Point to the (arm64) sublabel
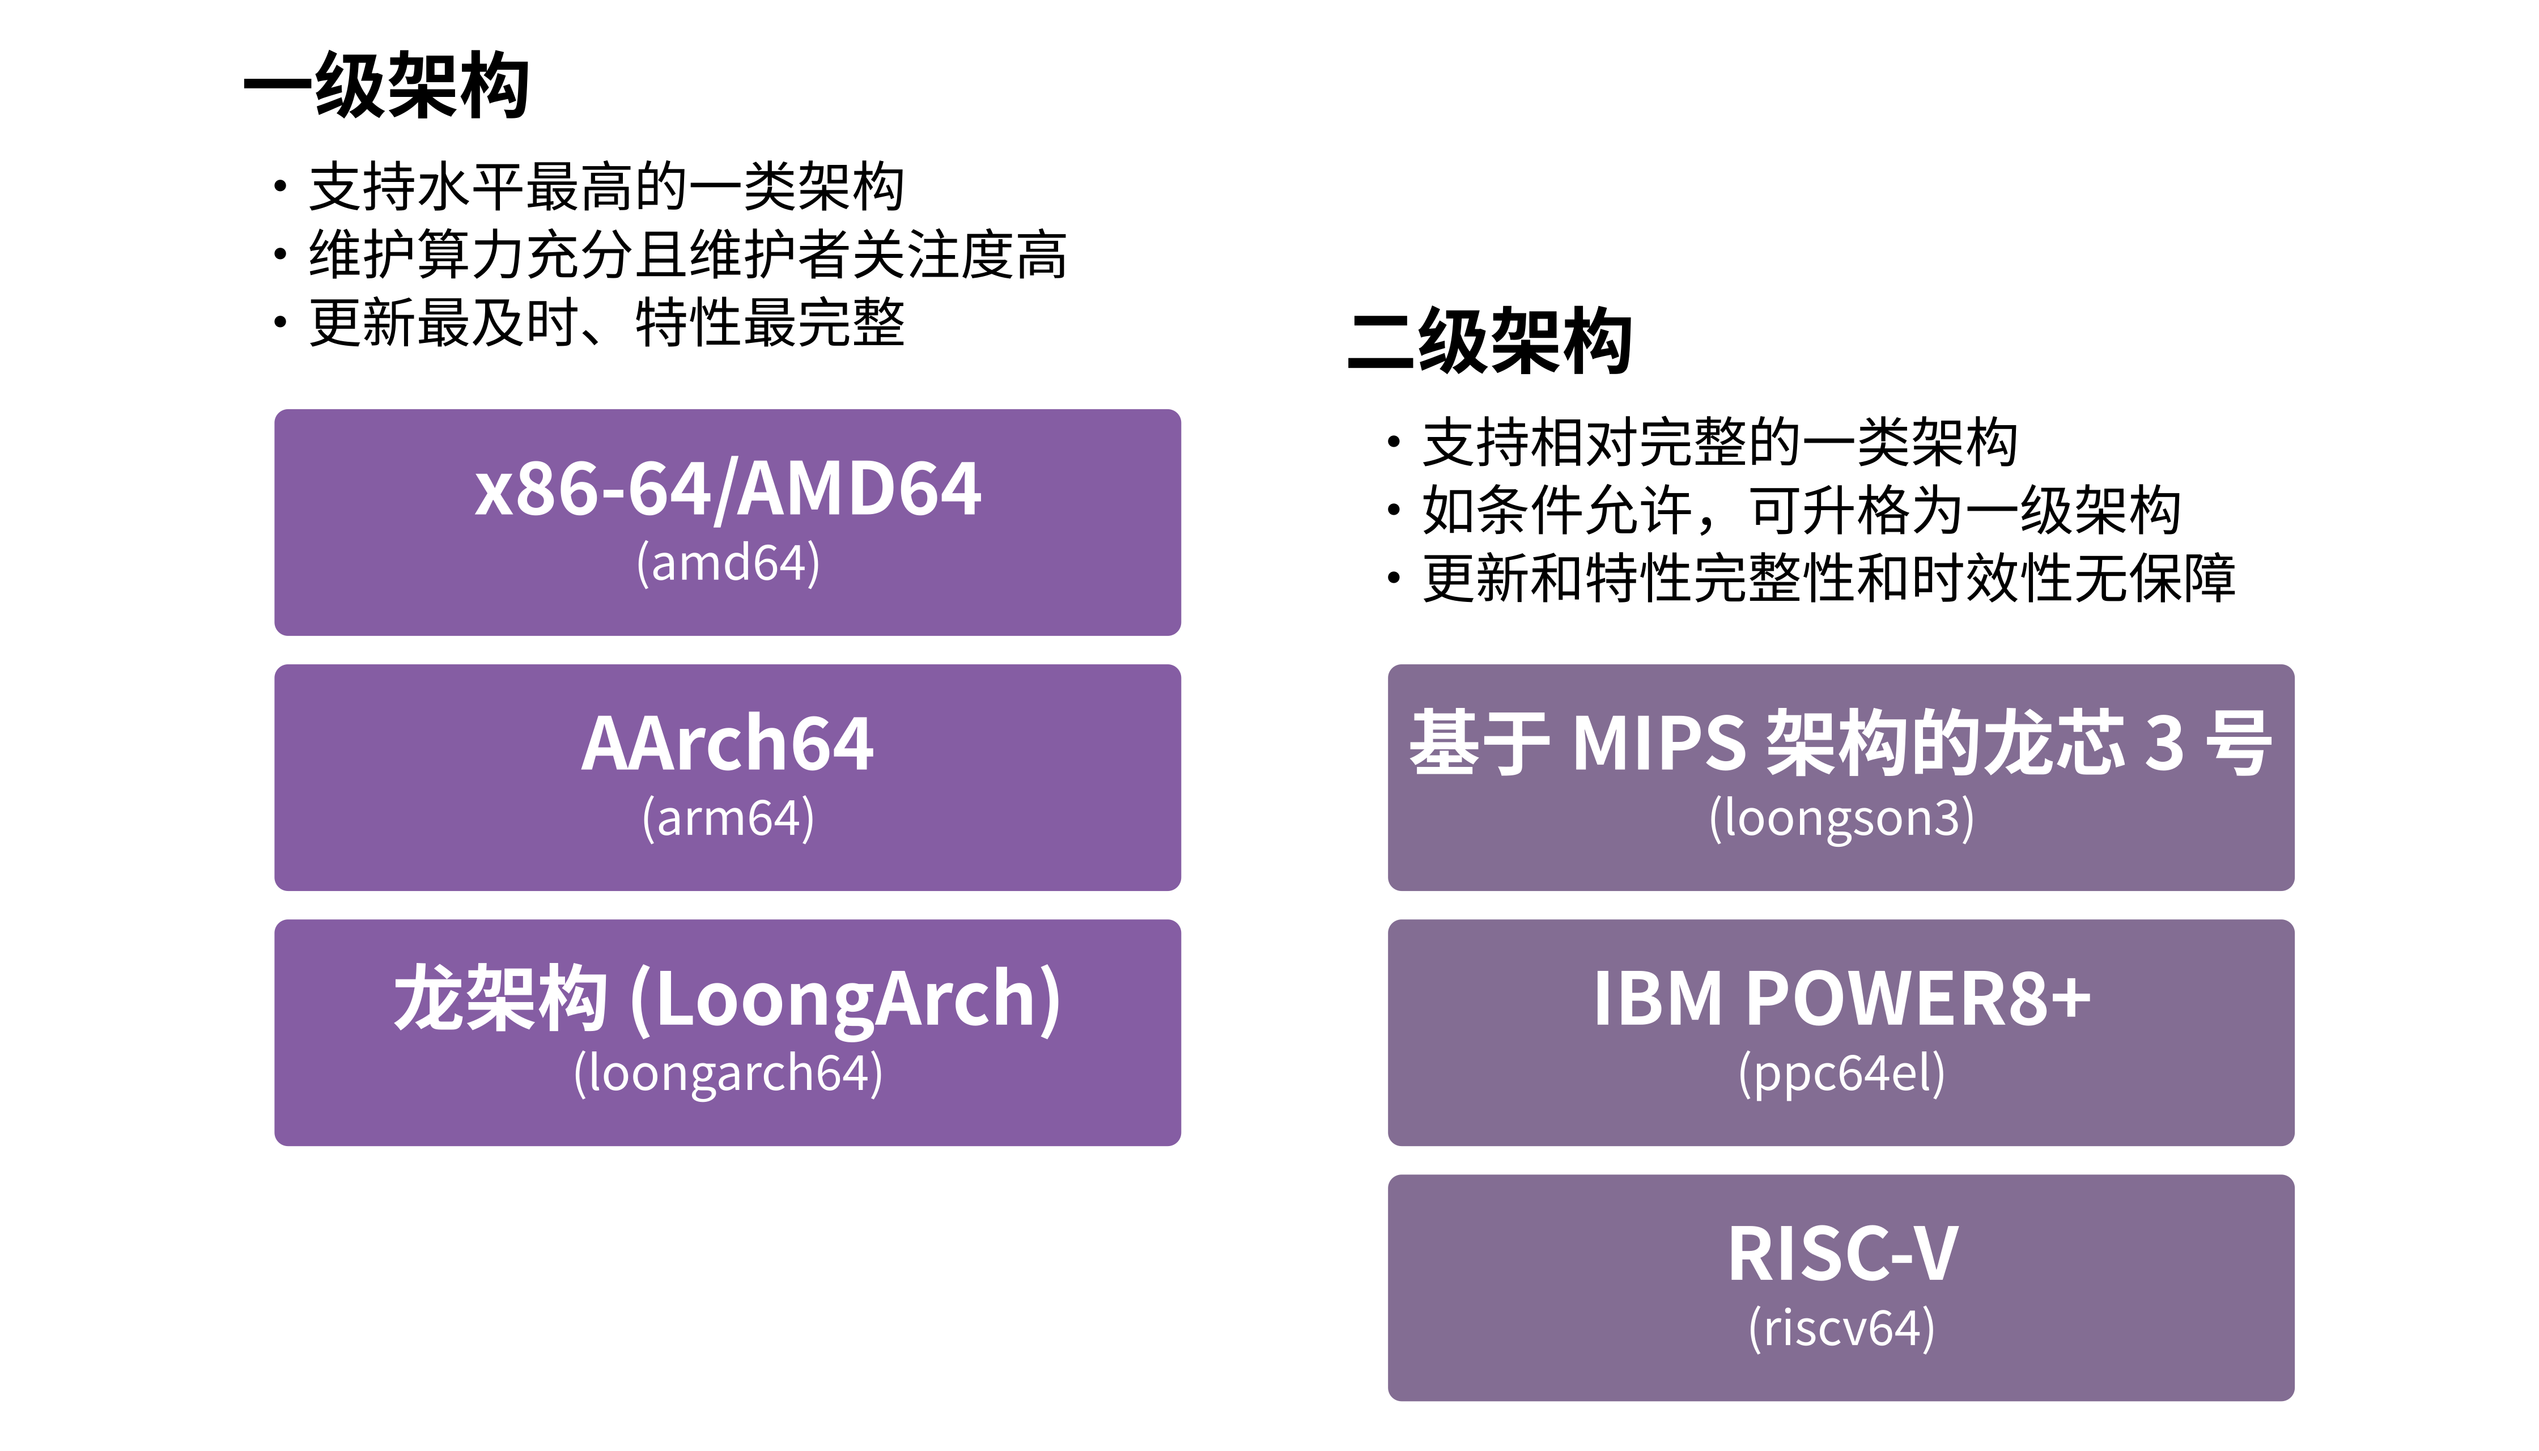(x=728, y=818)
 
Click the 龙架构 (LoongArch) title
(x=728, y=1000)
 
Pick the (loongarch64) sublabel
(x=728, y=1074)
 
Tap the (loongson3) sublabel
(x=1841, y=818)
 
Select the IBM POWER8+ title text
(x=1841, y=1000)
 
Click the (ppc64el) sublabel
(x=1841, y=1074)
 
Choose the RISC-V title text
(x=1841, y=1255)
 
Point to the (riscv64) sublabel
(x=1841, y=1329)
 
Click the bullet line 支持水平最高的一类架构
(x=607, y=188)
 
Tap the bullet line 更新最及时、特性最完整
(x=607, y=323)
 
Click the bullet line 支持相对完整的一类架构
(x=1720, y=443)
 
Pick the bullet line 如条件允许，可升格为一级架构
(x=1802, y=510)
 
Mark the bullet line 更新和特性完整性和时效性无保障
(x=1829, y=578)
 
